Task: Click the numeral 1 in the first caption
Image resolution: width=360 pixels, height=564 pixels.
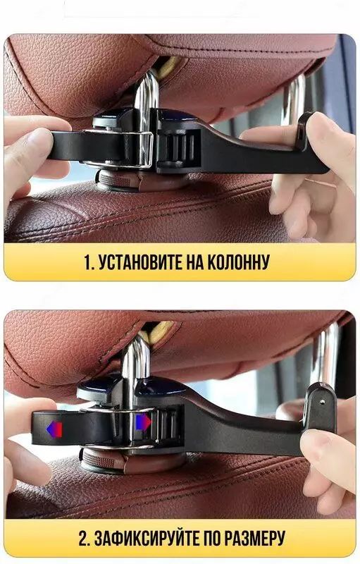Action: pos(88,263)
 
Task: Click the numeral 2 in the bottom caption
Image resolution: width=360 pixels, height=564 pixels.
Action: pos(83,539)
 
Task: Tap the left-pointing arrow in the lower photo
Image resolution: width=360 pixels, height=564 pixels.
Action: pos(54,429)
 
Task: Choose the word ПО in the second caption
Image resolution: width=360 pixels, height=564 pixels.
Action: pos(211,539)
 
